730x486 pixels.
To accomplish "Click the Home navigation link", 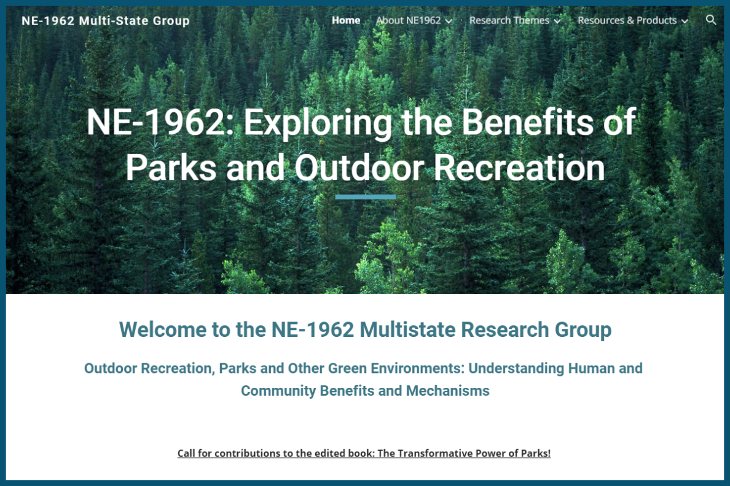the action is click(x=346, y=20).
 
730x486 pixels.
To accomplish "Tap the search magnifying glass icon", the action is click(x=711, y=20).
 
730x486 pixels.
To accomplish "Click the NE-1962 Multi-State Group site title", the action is click(x=106, y=21).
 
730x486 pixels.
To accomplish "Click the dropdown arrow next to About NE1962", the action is click(x=449, y=21).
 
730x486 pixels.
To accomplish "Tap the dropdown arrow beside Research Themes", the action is click(x=557, y=21).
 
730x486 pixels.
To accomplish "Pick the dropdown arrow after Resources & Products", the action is click(x=685, y=21).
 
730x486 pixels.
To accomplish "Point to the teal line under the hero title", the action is click(x=366, y=197).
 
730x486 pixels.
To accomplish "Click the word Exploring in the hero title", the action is click(x=318, y=123).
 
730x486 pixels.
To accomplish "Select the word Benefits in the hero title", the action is click(x=527, y=122).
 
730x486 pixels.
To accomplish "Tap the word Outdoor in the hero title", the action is click(x=359, y=168).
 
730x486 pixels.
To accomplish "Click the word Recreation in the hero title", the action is click(x=519, y=168).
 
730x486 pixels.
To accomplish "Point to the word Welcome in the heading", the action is click(x=162, y=330).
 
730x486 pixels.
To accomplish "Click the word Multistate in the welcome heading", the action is click(x=407, y=330).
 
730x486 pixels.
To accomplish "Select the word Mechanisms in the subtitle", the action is click(x=447, y=391).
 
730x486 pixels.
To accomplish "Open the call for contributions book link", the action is click(x=364, y=453).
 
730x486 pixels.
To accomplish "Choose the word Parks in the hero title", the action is click(x=171, y=168).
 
